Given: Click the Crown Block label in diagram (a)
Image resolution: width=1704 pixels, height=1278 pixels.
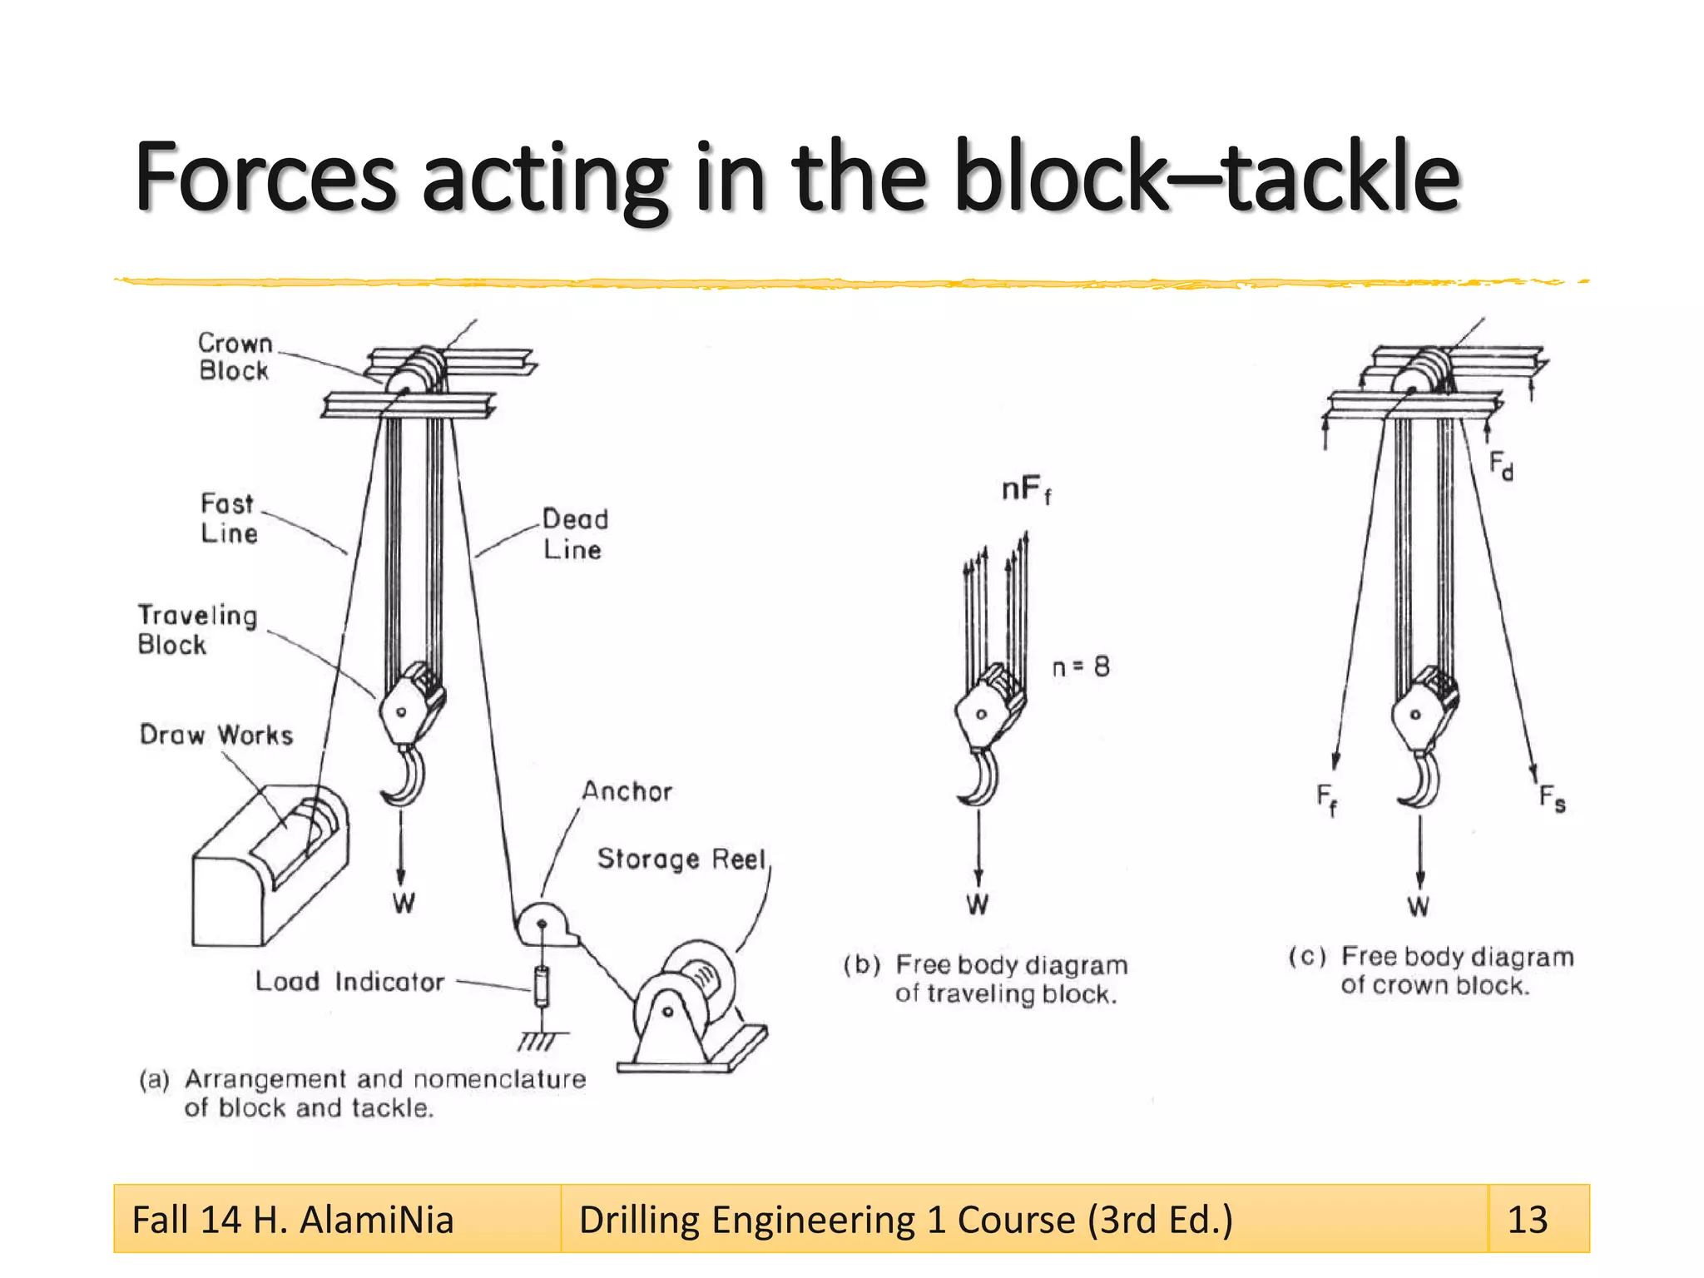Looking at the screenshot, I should click(235, 357).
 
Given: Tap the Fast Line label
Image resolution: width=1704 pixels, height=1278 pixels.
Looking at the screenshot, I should click(229, 518).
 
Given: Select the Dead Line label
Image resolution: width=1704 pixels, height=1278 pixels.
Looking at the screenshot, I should click(575, 534).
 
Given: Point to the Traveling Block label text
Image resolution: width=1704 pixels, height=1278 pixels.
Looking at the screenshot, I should click(197, 630).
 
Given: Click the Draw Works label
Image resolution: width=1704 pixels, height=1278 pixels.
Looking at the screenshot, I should click(216, 735).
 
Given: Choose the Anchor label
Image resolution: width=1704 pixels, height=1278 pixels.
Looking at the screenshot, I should click(627, 791).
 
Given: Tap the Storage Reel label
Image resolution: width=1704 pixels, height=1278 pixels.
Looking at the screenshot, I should click(681, 859).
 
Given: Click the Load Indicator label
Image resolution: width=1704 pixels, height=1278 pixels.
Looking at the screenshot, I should click(349, 982).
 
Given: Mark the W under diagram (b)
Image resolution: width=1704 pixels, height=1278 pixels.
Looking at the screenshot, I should click(978, 904).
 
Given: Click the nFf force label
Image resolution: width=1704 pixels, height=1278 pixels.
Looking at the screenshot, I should click(1026, 490).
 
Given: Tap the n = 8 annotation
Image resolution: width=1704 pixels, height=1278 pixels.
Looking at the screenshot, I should click(1081, 667).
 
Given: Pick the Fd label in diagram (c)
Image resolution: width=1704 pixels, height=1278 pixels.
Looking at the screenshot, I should click(1501, 465).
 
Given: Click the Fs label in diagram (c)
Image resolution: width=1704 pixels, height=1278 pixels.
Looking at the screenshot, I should click(1552, 799).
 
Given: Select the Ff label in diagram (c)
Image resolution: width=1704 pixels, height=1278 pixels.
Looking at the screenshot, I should click(1326, 799).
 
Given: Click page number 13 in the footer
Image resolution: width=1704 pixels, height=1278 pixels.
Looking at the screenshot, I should click(1528, 1220).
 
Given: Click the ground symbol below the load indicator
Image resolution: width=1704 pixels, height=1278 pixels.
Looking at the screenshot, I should click(541, 1040).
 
